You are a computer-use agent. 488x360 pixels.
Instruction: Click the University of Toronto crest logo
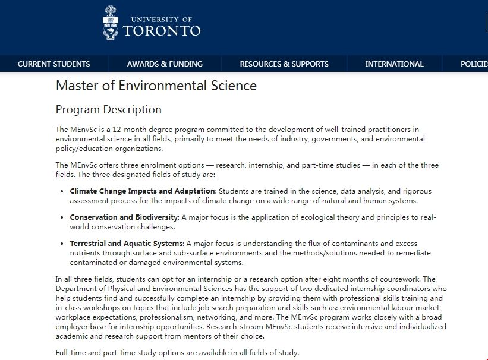click(x=111, y=23)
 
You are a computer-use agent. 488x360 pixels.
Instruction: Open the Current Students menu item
click(x=53, y=64)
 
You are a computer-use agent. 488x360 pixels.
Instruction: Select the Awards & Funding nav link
click(x=165, y=64)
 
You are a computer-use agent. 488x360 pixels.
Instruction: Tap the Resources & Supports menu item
click(x=284, y=64)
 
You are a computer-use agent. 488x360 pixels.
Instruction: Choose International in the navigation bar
click(x=394, y=64)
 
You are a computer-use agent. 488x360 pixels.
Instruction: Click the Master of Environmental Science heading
click(x=156, y=86)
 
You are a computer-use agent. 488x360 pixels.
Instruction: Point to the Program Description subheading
click(x=108, y=110)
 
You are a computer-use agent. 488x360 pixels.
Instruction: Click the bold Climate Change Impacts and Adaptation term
click(x=142, y=191)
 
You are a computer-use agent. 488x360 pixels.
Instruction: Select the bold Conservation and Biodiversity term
click(x=124, y=217)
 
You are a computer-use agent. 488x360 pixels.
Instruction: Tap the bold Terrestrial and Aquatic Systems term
click(x=126, y=244)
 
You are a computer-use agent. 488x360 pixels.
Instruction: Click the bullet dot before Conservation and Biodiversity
click(x=63, y=217)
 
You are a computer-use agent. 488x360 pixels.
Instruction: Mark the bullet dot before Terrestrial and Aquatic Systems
click(x=63, y=244)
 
